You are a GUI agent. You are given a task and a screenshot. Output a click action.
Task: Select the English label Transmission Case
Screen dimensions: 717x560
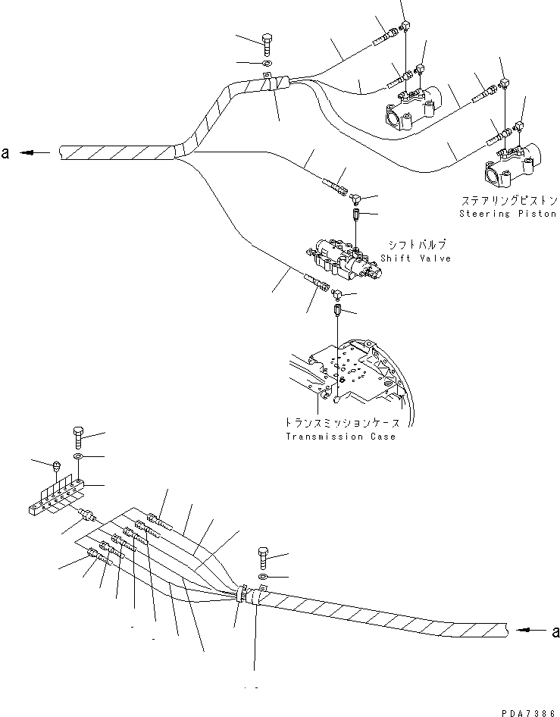[x=339, y=437]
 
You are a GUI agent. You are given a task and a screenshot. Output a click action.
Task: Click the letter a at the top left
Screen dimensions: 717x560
[x=6, y=153]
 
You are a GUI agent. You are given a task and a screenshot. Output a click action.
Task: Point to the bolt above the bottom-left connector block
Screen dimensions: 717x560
[x=80, y=437]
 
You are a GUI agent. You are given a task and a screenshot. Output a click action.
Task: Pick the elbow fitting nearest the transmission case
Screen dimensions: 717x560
[x=336, y=291]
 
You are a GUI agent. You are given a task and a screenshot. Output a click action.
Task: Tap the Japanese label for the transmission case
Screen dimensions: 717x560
[x=339, y=424]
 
